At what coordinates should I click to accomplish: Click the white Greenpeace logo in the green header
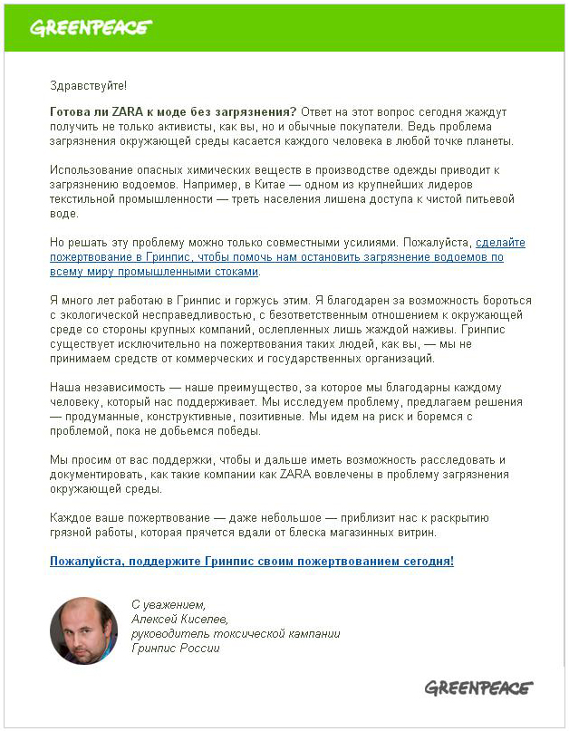coord(91,27)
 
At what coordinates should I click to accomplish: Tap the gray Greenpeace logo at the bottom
coord(478,688)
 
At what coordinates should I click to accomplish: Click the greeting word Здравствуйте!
coord(89,85)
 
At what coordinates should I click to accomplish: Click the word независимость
coord(121,388)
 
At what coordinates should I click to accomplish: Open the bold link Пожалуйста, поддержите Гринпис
coord(252,562)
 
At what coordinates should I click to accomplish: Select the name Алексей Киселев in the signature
coord(179,620)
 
